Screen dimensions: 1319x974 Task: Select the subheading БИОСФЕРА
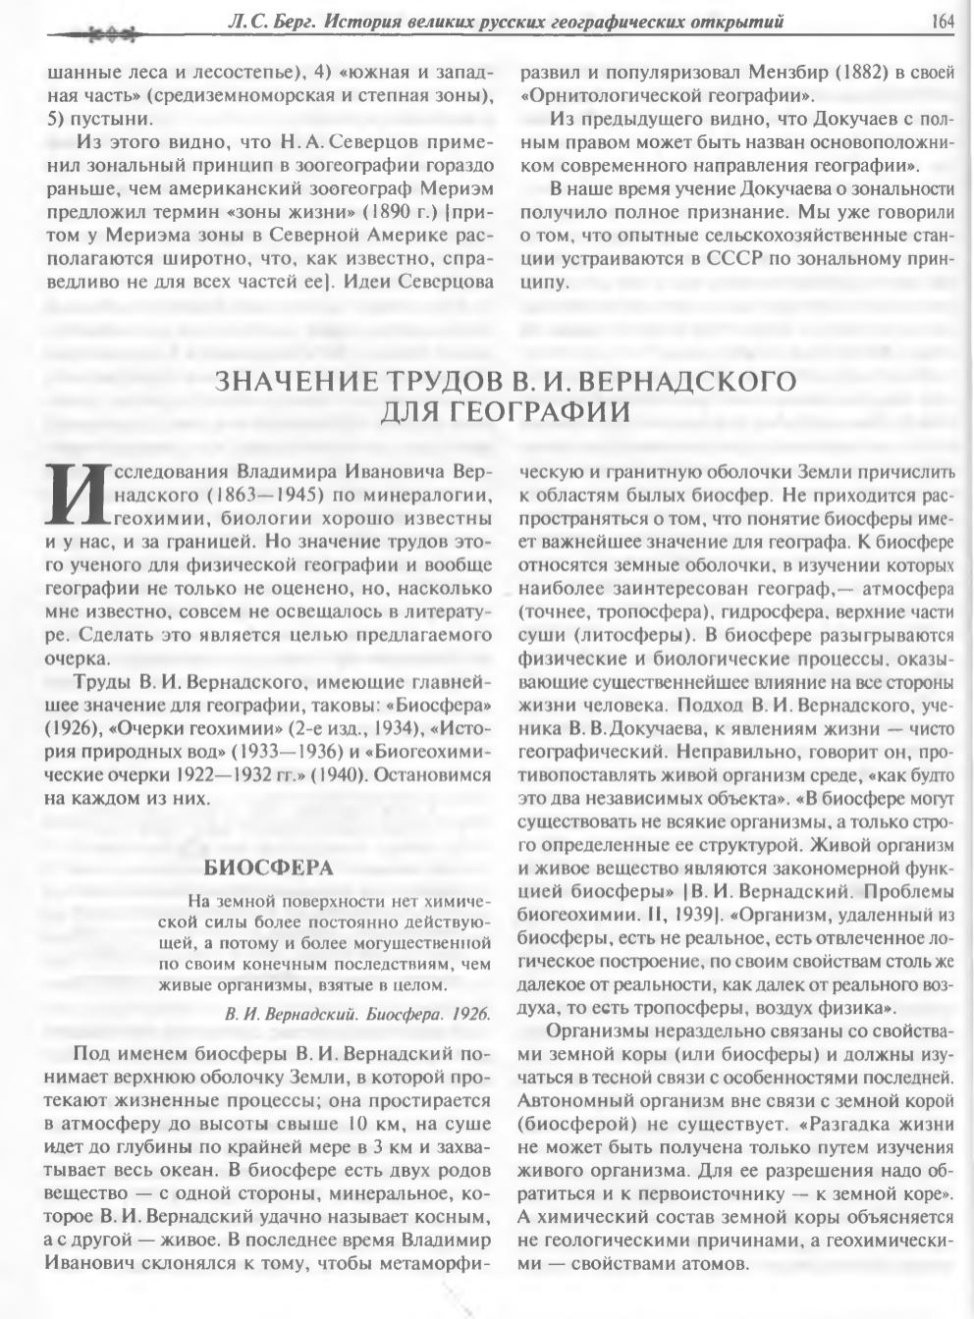click(x=268, y=868)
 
